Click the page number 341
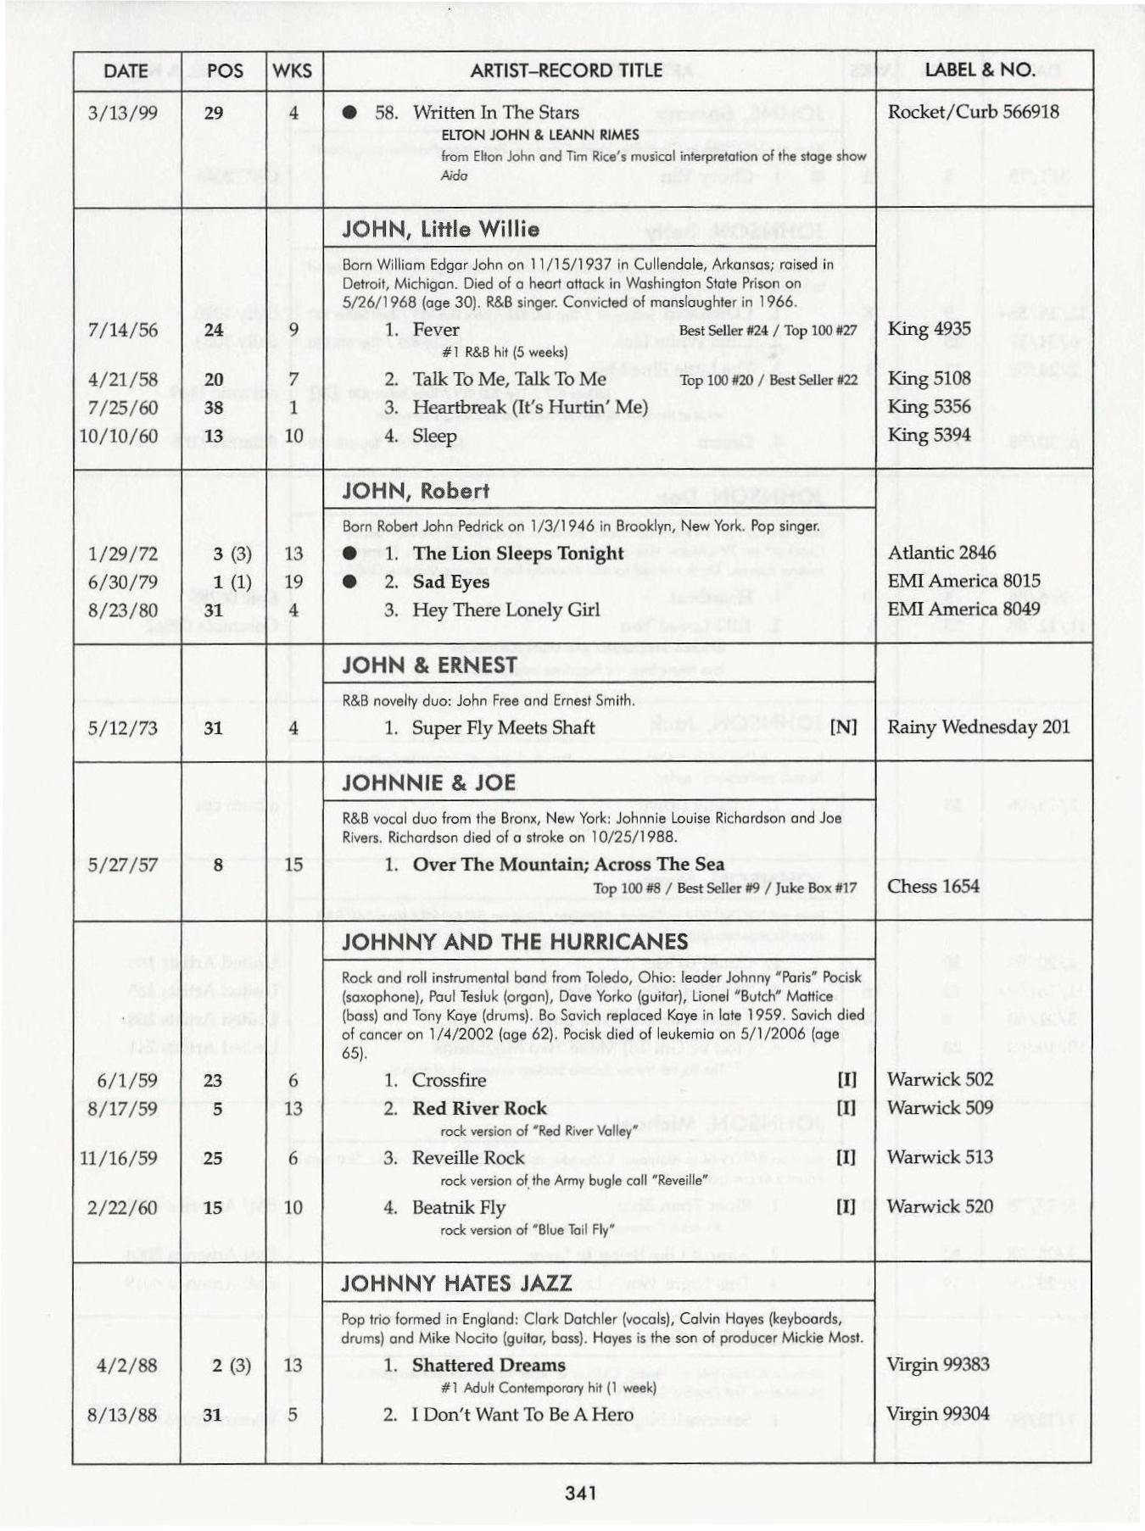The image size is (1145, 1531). pyautogui.click(x=580, y=1493)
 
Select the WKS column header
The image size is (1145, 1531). pyautogui.click(x=293, y=71)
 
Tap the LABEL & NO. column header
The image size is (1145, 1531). pyautogui.click(x=980, y=70)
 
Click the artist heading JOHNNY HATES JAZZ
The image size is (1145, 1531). pyautogui.click(x=456, y=1283)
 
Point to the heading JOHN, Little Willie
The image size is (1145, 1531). pyautogui.click(x=440, y=229)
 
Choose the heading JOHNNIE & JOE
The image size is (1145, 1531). pyautogui.click(x=428, y=782)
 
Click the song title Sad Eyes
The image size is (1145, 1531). pyautogui.click(x=450, y=582)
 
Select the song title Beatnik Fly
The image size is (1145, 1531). pyautogui.click(x=458, y=1207)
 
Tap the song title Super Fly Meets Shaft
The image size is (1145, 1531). pyautogui.click(x=503, y=727)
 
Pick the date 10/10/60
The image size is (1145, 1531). pyautogui.click(x=119, y=436)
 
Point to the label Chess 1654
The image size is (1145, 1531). pyautogui.click(x=933, y=886)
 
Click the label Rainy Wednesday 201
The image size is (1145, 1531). pyautogui.click(x=978, y=727)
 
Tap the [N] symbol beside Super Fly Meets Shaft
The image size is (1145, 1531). pyautogui.click(x=843, y=727)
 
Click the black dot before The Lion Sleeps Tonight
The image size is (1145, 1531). pyautogui.click(x=349, y=554)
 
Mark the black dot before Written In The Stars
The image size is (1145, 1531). pyautogui.click(x=349, y=113)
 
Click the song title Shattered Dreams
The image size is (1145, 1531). pyautogui.click(x=489, y=1365)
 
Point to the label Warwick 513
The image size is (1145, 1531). pyautogui.click(x=940, y=1157)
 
